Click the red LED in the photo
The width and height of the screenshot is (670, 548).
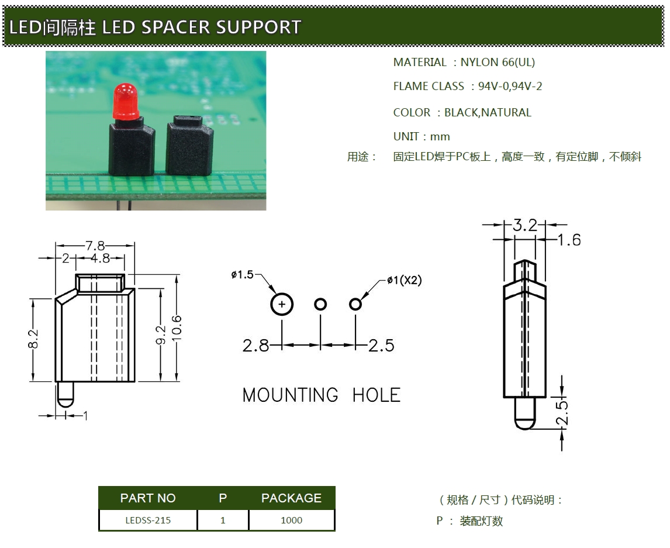click(x=125, y=99)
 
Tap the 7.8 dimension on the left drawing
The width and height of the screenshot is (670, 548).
click(x=95, y=245)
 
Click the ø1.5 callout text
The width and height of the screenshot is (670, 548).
click(x=243, y=274)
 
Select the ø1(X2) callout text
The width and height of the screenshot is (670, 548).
click(x=404, y=281)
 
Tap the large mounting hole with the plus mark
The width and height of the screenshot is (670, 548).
click(x=282, y=304)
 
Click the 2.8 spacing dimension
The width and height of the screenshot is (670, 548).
click(x=255, y=346)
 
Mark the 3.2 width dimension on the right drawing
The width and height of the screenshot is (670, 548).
click(x=524, y=225)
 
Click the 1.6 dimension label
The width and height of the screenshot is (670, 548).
click(x=569, y=240)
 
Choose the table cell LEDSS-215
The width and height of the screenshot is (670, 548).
click(x=148, y=520)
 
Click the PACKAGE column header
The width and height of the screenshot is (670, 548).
click(x=291, y=498)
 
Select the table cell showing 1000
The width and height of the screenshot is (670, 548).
click(x=291, y=520)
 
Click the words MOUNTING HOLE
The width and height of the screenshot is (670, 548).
click(x=321, y=395)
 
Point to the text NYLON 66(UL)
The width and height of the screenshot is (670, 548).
click(x=498, y=62)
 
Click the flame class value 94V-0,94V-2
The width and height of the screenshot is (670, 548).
click(x=510, y=87)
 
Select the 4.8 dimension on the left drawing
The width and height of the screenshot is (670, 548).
click(x=101, y=258)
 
